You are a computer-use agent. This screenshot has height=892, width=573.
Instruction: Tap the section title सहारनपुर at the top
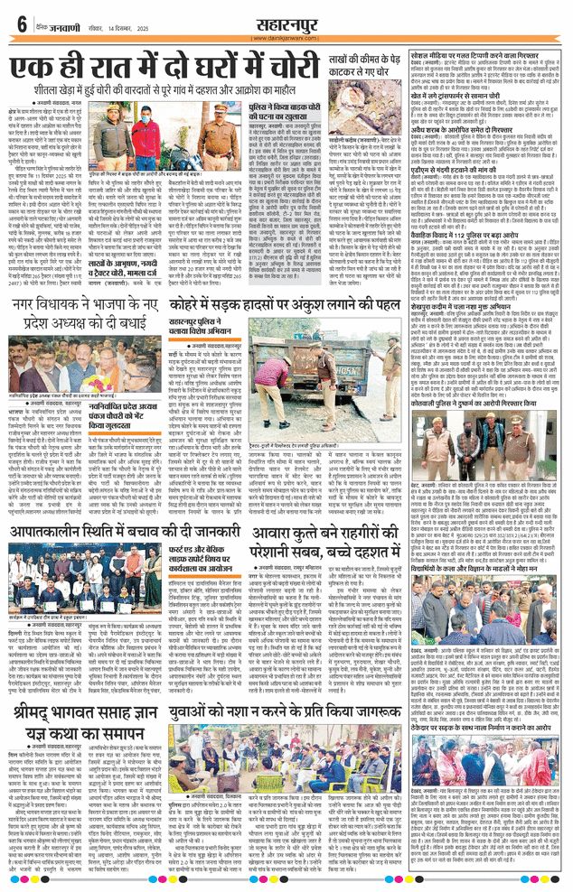coord(286,20)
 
